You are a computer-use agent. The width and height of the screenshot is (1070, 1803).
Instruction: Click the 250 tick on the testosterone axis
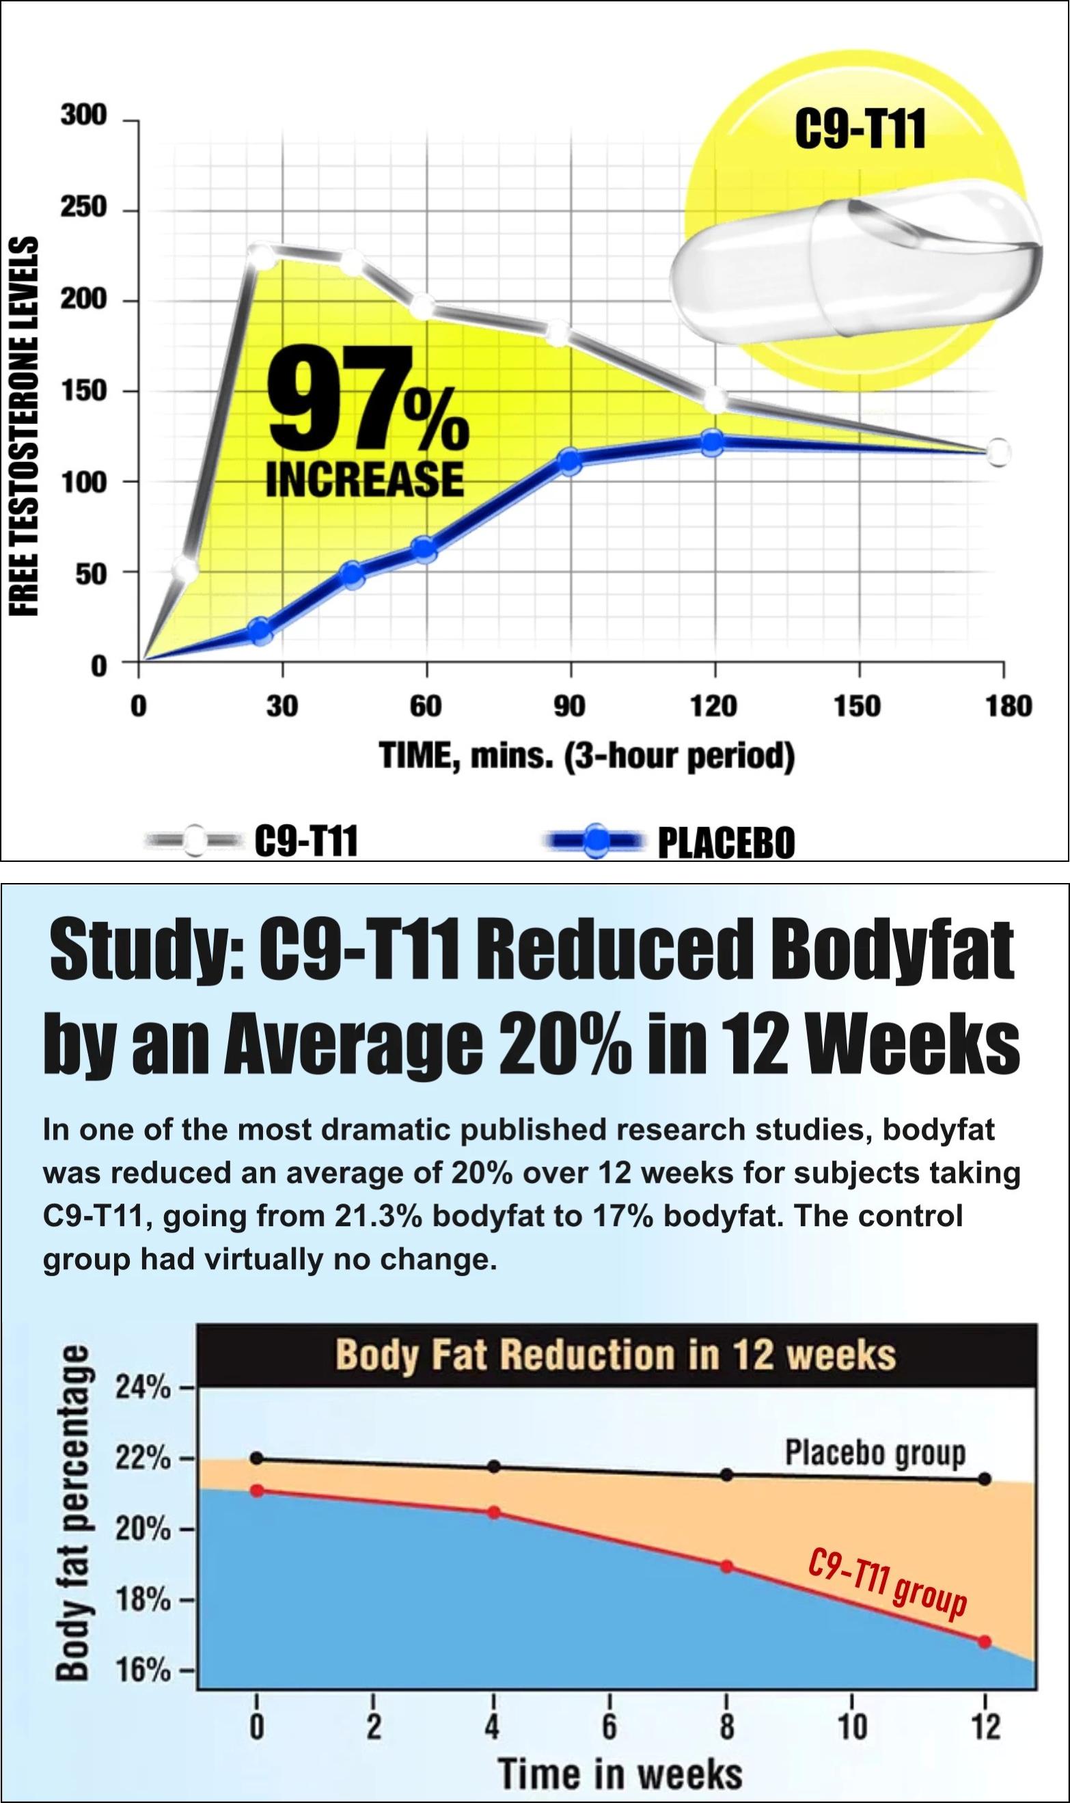(83, 208)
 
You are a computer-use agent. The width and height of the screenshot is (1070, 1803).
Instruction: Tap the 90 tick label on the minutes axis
(570, 706)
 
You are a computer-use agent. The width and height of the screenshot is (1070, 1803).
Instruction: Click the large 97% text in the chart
(368, 399)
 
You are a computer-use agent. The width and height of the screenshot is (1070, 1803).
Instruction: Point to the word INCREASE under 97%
(365, 478)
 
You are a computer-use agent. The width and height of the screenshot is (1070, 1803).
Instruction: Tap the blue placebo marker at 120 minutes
(713, 443)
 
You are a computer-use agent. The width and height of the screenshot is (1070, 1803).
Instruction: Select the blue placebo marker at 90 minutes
(570, 461)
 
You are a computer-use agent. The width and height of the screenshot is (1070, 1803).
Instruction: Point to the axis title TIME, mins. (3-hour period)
(586, 757)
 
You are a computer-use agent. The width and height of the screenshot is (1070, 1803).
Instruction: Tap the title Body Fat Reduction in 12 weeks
(616, 1355)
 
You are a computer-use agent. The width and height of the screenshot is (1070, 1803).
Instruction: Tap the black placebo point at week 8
(727, 1475)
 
